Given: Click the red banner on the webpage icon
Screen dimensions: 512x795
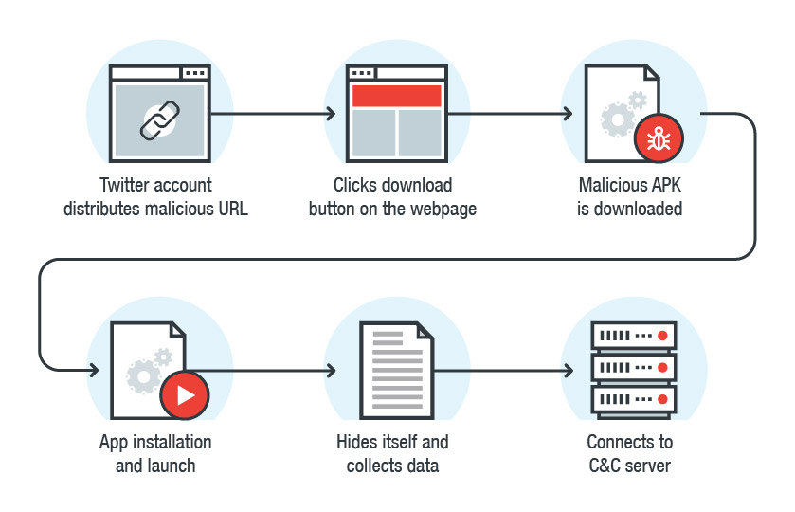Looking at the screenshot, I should [x=397, y=96].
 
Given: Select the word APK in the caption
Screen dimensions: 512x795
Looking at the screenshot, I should [x=663, y=185].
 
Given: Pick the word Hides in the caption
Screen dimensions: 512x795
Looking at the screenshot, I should [x=359, y=442].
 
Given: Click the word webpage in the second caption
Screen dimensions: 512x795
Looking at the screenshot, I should [x=443, y=209].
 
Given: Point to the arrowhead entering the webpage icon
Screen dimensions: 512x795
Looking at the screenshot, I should [x=331, y=114].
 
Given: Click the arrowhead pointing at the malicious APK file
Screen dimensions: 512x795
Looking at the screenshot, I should [x=568, y=114].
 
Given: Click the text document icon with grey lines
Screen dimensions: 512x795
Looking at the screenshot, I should [x=397, y=370].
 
